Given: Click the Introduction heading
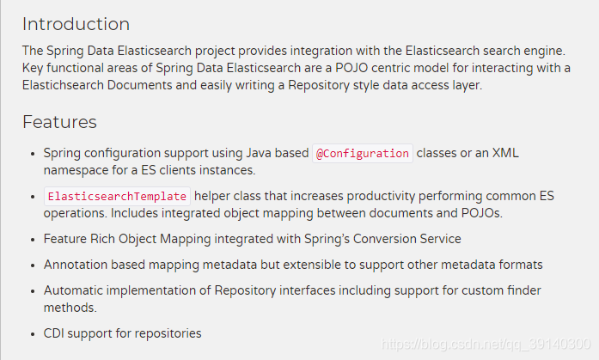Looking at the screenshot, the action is point(76,24).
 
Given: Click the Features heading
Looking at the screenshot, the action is point(59,122).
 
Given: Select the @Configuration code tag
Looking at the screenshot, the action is point(363,154).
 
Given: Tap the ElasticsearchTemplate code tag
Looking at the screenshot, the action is point(117,196).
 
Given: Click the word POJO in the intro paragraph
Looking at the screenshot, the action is point(351,68).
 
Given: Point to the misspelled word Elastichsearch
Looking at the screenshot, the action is point(63,85).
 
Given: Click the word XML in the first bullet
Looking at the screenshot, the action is point(505,153).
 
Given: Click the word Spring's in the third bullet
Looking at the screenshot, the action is point(327,239).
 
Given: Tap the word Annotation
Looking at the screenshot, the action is point(76,265).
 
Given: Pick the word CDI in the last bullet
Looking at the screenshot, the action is point(54,333).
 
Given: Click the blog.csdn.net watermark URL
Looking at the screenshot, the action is point(486,344).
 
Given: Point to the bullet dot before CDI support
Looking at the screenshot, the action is point(33,334).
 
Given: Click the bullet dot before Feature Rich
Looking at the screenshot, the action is point(33,240).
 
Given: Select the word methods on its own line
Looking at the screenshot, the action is point(70,308).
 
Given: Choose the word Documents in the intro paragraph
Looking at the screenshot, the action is point(140,85).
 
